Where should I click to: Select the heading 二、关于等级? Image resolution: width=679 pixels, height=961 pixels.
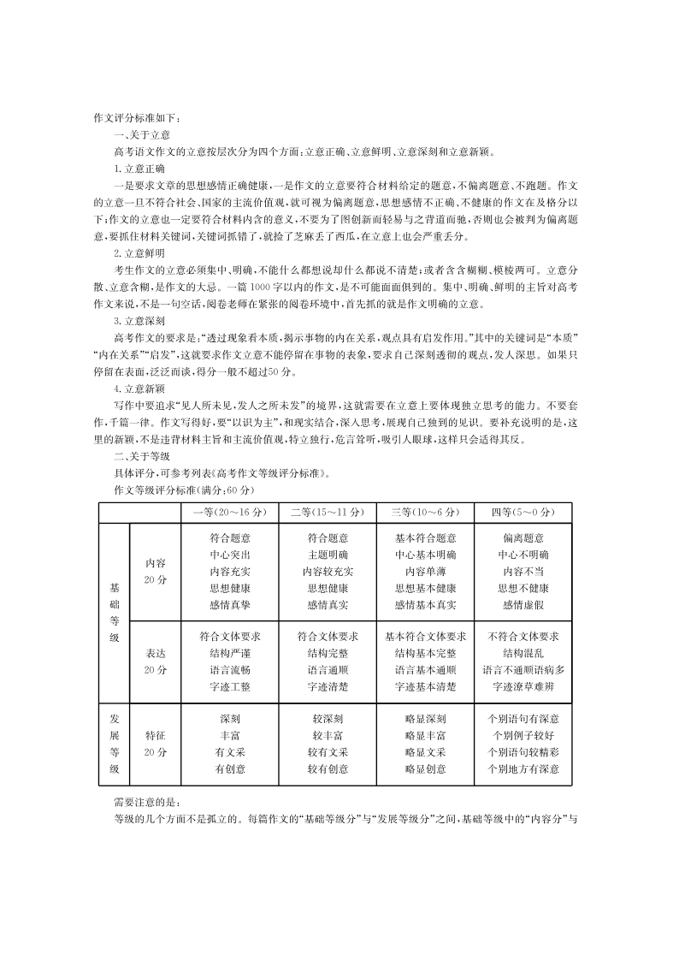coord(142,457)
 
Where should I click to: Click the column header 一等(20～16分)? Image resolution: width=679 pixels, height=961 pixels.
coord(230,513)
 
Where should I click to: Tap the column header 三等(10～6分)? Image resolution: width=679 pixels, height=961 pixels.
coord(425,513)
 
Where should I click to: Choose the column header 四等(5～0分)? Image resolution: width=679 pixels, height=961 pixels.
coord(523,513)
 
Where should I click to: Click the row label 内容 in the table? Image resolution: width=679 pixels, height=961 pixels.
coord(156,564)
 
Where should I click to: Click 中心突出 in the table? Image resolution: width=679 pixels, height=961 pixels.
coord(230,555)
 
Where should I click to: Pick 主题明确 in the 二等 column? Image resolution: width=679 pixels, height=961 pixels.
coord(328,555)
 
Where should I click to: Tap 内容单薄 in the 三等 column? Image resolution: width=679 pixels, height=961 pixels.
coord(425,571)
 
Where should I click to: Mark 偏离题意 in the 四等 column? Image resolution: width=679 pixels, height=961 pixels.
coord(523,538)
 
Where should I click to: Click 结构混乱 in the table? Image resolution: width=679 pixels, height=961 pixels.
coord(523,653)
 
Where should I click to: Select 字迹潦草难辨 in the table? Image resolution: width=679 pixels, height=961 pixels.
coord(523,686)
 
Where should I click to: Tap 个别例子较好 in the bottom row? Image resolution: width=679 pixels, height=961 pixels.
coord(523,735)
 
